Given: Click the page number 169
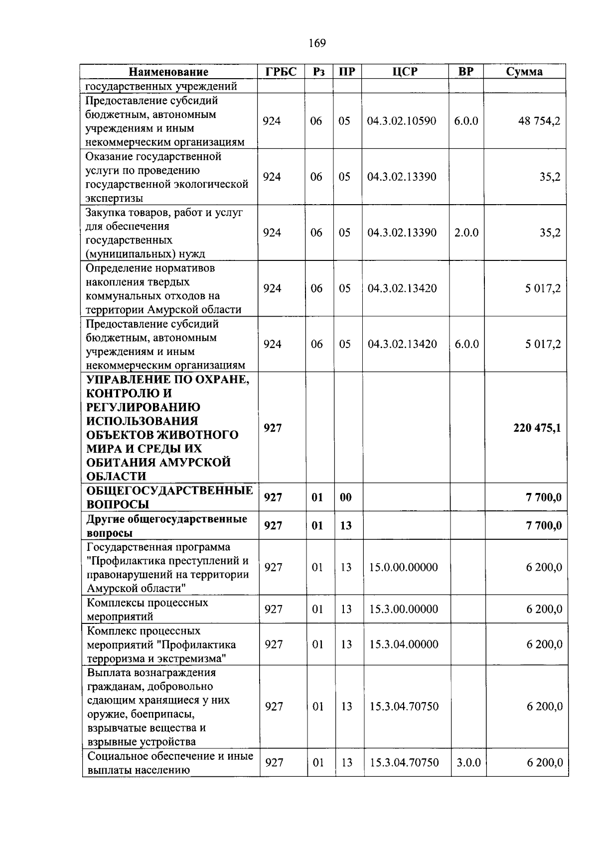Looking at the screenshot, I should [317, 43].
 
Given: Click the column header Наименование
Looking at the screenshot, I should [168, 72].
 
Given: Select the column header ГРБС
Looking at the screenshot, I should [281, 72].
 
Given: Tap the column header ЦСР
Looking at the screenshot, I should [405, 72].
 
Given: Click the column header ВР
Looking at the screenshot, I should [466, 72].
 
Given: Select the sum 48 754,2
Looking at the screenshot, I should [539, 121].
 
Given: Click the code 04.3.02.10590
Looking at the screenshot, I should [402, 121].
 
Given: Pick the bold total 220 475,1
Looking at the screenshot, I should [537, 428].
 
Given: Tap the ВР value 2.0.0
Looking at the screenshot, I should [466, 233].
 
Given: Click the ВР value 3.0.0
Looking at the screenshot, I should [468, 762].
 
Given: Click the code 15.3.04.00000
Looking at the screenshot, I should [404, 644].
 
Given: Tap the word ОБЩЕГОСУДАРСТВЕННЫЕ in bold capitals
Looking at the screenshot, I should [169, 490].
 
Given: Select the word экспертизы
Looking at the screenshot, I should [114, 198].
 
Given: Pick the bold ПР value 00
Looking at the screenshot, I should [345, 497].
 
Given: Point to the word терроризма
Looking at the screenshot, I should [115, 659].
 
